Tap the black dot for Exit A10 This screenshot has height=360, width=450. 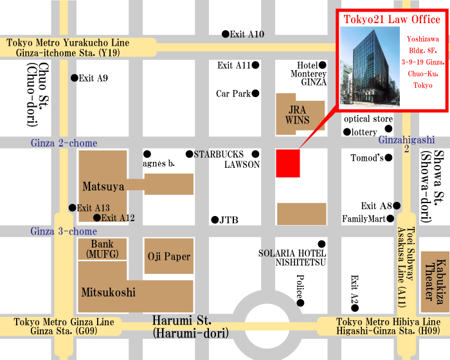(225, 34)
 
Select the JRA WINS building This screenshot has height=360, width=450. (298, 114)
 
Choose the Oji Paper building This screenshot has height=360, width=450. (168, 256)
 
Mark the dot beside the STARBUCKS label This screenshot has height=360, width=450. (189, 154)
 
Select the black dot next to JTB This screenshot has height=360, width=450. (215, 220)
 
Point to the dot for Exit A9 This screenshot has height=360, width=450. (73, 78)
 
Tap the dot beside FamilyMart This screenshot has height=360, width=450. (390, 219)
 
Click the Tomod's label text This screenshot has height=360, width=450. (366, 158)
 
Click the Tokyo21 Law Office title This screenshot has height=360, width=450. (391, 19)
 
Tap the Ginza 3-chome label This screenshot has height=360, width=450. (64, 231)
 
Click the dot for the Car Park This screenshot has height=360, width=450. (255, 94)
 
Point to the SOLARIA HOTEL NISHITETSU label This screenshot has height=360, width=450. (292, 256)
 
